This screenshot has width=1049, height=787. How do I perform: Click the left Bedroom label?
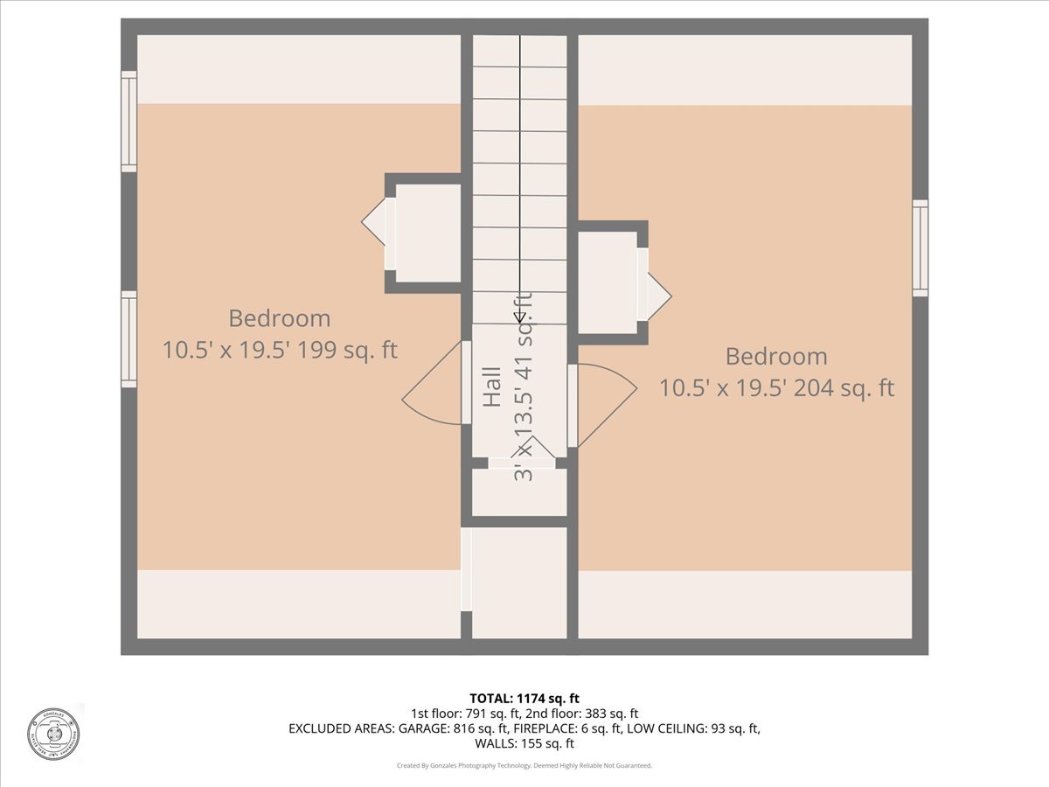pos(280,318)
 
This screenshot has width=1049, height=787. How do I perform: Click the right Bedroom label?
pos(776,356)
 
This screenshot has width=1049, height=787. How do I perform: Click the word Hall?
pos(492,387)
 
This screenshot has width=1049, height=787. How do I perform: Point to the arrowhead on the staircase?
pos(520,317)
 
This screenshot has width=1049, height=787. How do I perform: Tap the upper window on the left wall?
pos(129,122)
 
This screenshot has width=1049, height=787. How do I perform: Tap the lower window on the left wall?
pos(129,339)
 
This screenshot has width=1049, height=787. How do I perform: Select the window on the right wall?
pos(920,248)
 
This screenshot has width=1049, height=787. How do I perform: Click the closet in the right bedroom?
pos(608,282)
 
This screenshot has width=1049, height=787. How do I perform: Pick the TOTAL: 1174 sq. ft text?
pos(524,698)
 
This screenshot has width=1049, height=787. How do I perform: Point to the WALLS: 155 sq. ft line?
pos(524,743)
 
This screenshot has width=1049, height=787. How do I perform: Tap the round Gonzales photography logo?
pos(53,733)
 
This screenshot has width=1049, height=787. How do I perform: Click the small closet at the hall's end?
pos(519,491)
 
